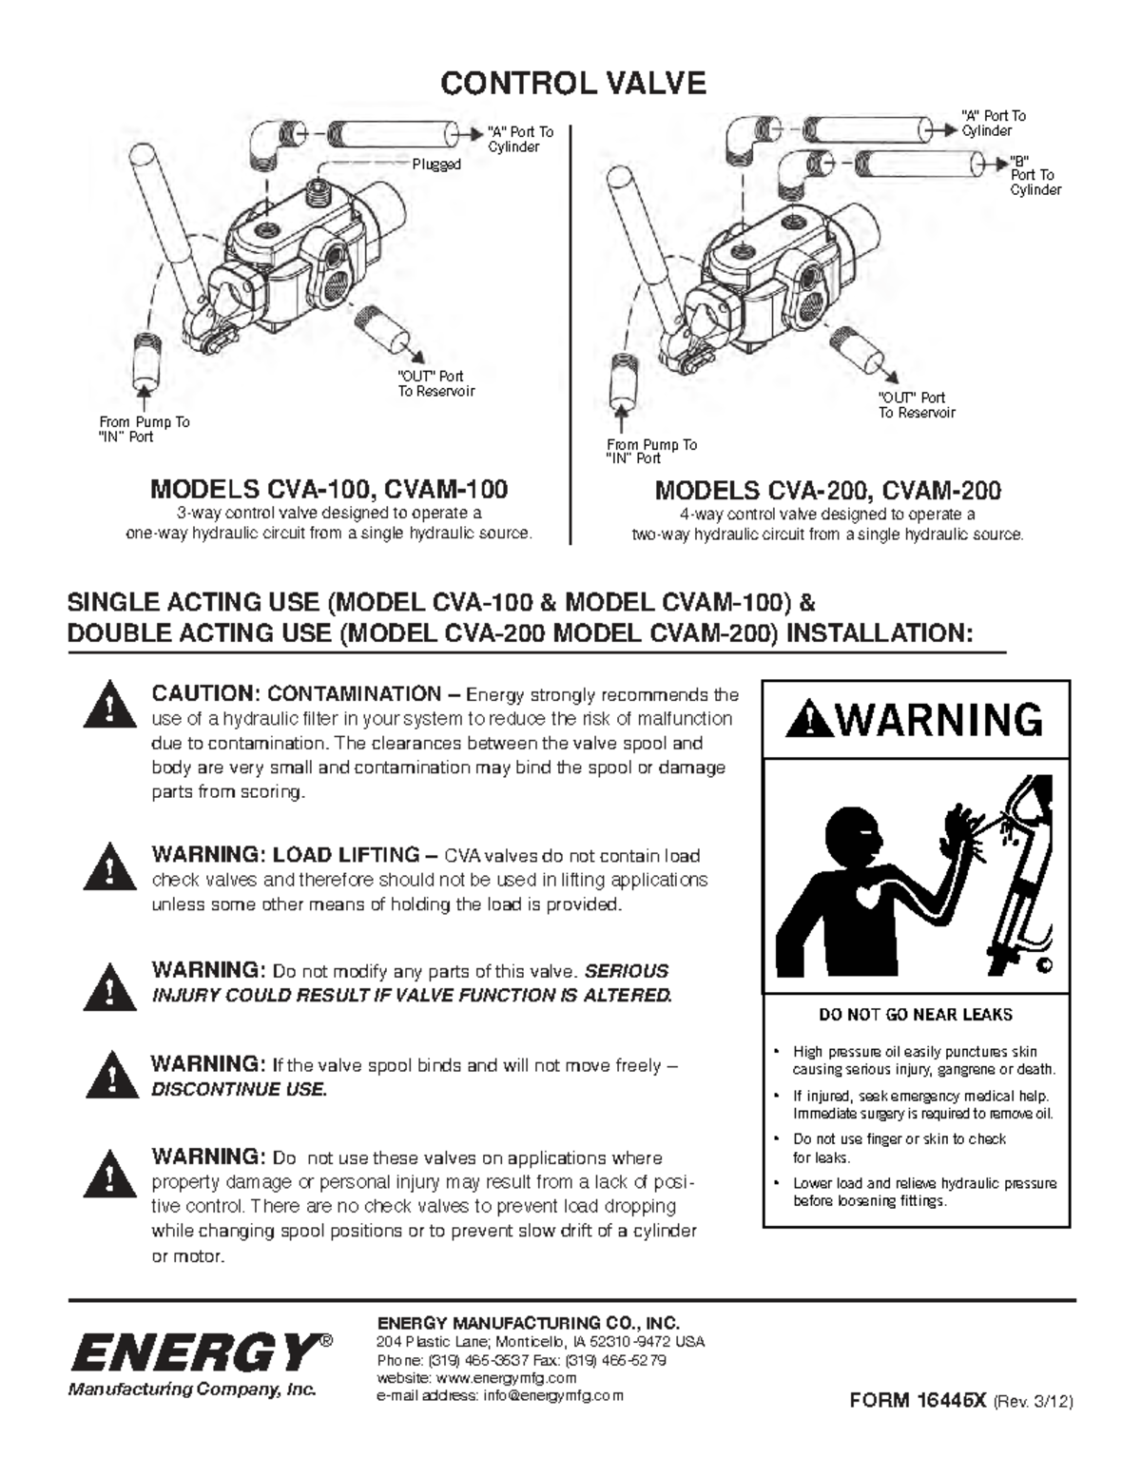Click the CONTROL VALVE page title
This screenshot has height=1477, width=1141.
pos(572,84)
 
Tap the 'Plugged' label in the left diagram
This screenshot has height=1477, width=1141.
pos(435,165)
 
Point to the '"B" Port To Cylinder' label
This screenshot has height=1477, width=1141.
pos(1035,175)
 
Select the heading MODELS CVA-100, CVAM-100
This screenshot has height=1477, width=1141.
pos(329,490)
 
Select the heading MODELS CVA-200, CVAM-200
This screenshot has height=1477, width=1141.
pos(827,491)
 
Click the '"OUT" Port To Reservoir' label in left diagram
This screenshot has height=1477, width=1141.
pos(435,384)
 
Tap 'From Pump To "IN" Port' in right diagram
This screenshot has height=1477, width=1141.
pos(651,451)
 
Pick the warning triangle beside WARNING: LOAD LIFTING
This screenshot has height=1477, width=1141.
pos(109,865)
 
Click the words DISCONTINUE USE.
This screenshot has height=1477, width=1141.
pos(239,1090)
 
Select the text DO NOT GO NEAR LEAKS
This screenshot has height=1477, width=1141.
pos(916,1015)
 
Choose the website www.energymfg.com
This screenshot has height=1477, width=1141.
pos(507,1378)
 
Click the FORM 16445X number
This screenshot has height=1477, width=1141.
pos(918,1400)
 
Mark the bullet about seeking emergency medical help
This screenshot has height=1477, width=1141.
pos(922,1104)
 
